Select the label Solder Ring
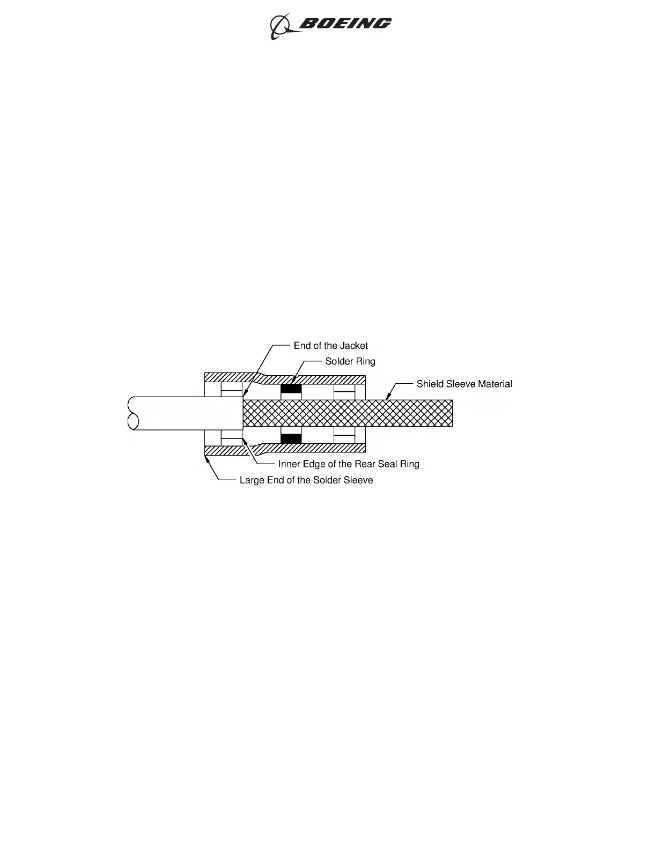tap(350, 361)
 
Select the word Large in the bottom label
tap(252, 480)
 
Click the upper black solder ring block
tap(291, 389)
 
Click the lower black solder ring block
tap(291, 438)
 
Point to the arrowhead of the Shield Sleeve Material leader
tap(387, 398)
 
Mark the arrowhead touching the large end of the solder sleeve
tap(207, 457)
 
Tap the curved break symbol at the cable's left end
tap(132, 413)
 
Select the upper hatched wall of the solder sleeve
tap(311, 379)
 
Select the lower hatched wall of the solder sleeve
tap(311, 448)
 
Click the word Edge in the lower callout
tap(314, 464)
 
